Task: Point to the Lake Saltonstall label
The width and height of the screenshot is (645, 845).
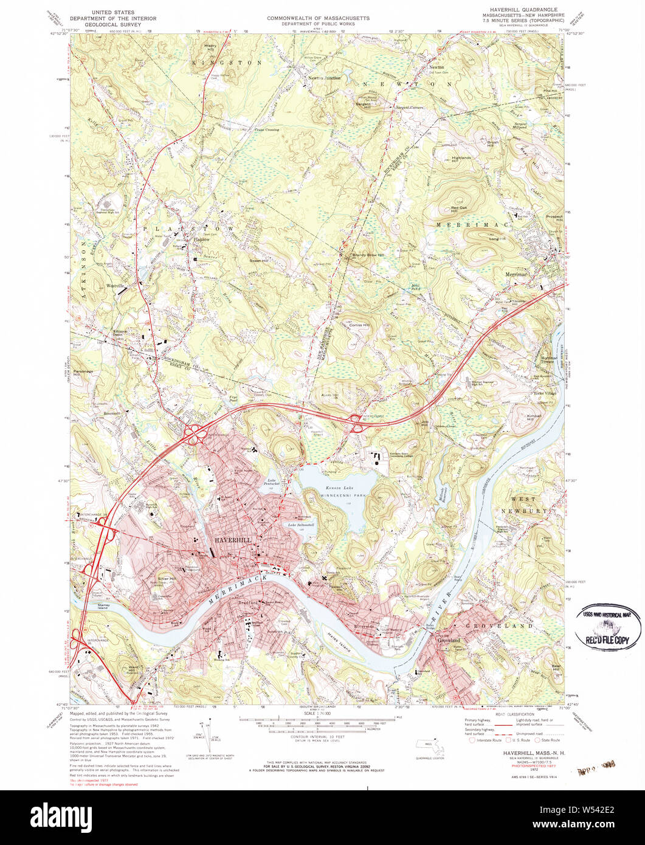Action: point(301,525)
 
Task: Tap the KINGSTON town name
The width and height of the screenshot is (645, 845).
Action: point(227,63)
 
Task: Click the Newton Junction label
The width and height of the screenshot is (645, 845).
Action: point(324,78)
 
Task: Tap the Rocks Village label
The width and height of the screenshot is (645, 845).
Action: point(545,393)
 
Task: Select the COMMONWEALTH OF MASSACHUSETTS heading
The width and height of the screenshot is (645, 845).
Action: point(318,19)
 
